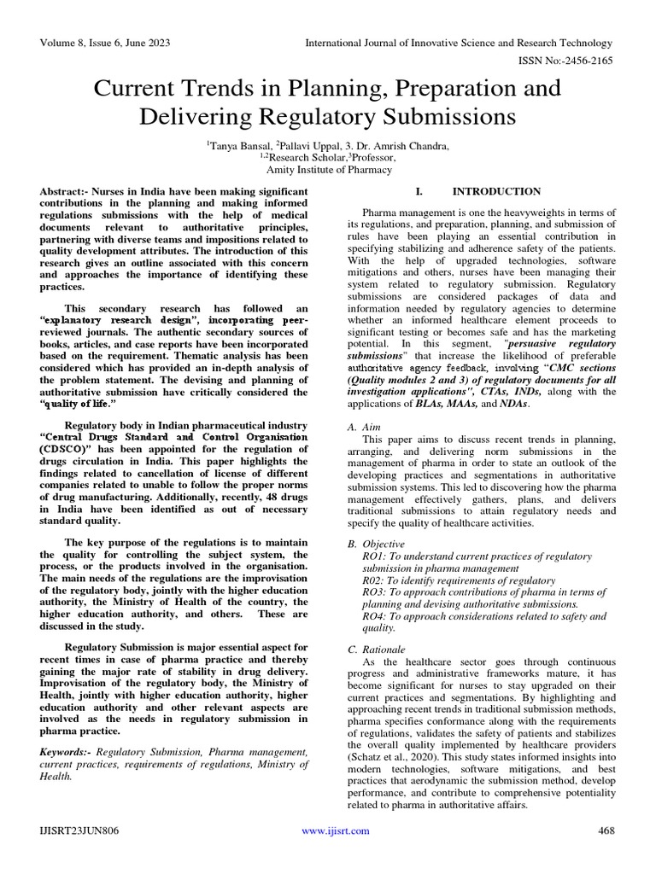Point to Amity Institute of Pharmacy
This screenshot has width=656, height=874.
pyautogui.click(x=328, y=170)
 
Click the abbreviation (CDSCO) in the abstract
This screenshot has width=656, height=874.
pyautogui.click(x=62, y=449)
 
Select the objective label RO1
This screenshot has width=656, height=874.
pyautogui.click(x=374, y=556)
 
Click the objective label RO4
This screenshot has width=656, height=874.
pyautogui.click(x=374, y=615)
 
